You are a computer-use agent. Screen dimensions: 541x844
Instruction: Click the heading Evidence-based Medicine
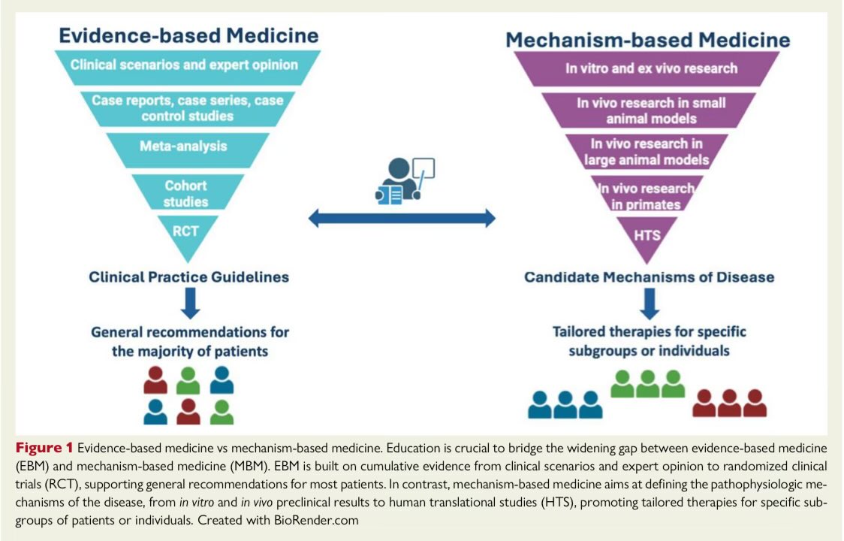(188, 35)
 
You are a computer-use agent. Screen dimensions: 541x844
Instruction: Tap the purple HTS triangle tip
(647, 235)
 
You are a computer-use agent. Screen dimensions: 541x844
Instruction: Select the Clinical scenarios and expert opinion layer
(185, 65)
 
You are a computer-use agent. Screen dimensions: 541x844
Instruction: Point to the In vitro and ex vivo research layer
(651, 68)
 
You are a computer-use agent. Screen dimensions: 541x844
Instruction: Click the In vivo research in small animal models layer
(650, 110)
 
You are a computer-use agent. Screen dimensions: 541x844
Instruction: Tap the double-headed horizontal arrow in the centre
(402, 219)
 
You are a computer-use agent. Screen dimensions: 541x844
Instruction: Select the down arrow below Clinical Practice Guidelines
(189, 304)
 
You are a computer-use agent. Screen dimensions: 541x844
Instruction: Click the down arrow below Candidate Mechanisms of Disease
(649, 304)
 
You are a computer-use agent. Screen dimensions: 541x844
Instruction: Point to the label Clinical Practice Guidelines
(188, 277)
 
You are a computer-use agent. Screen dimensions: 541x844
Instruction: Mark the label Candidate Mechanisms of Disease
(649, 277)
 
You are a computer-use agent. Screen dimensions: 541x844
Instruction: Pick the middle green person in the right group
(647, 383)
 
